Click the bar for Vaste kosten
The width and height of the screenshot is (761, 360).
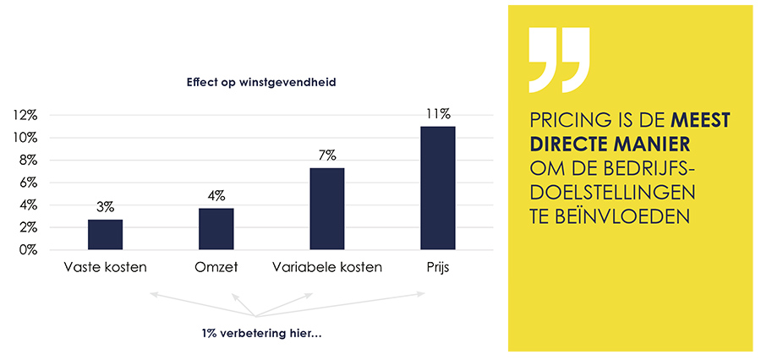pos(106,234)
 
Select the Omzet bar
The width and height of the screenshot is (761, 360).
pos(216,228)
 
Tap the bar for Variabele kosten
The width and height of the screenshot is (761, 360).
pos(327,209)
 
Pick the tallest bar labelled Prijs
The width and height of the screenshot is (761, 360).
pos(438,188)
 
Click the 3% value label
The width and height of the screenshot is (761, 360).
pos(106,207)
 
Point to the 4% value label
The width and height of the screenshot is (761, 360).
pos(216,196)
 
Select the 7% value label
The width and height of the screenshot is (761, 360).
pos(327,155)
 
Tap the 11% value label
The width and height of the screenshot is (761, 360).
pos(438,113)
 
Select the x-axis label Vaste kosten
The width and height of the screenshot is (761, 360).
pos(106,268)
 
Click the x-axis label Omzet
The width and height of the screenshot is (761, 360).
pos(216,268)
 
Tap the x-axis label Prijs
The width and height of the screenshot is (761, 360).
pos(438,268)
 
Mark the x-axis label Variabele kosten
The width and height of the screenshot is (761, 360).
pos(327,268)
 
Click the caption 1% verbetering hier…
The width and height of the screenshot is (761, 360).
pos(262,332)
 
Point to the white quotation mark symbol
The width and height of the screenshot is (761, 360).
pos(559,60)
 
